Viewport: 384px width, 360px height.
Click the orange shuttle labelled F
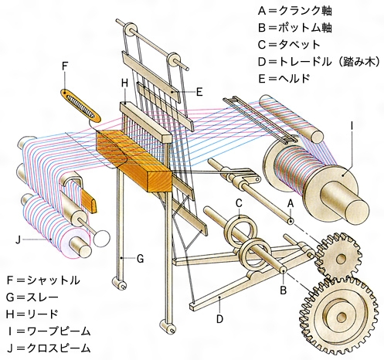81,106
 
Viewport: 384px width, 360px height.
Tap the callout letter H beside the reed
124,83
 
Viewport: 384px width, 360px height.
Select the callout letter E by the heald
199,92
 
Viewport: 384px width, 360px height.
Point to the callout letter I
352,126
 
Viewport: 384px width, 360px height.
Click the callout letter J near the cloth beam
18,240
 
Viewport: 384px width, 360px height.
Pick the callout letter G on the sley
140,259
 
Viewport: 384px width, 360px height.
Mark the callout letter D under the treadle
219,319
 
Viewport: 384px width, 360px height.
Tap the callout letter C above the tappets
239,203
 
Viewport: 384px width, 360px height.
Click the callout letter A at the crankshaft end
291,203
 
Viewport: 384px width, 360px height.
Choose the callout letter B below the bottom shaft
284,290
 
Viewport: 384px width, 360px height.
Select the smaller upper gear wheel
338,256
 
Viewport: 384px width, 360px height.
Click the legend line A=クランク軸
295,11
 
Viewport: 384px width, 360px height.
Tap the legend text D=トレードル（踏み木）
319,61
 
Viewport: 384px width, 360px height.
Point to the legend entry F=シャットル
43,280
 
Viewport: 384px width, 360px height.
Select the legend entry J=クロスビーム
49,348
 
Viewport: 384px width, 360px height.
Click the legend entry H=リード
32,314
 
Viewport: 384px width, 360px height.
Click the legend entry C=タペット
289,45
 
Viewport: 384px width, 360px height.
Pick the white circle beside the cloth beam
101,239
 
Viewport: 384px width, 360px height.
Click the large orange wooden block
134,160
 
